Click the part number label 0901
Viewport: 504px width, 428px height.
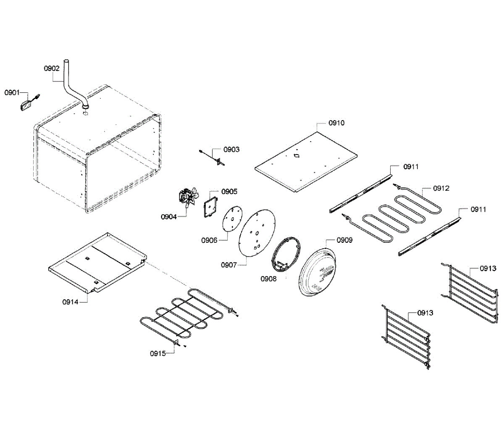(12, 92)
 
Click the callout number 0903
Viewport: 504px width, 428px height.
(231, 150)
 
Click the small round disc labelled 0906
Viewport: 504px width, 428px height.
(231, 219)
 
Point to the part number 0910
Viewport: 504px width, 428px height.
(336, 123)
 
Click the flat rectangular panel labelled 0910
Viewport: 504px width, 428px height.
(307, 162)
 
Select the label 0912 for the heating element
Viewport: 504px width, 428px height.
(441, 188)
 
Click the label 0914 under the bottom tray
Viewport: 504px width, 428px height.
(70, 302)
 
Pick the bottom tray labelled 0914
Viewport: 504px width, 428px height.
(97, 263)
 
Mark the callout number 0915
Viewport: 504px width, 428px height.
(157, 353)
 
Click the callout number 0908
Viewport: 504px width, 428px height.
(268, 278)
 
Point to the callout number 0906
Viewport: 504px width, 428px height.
(209, 240)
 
